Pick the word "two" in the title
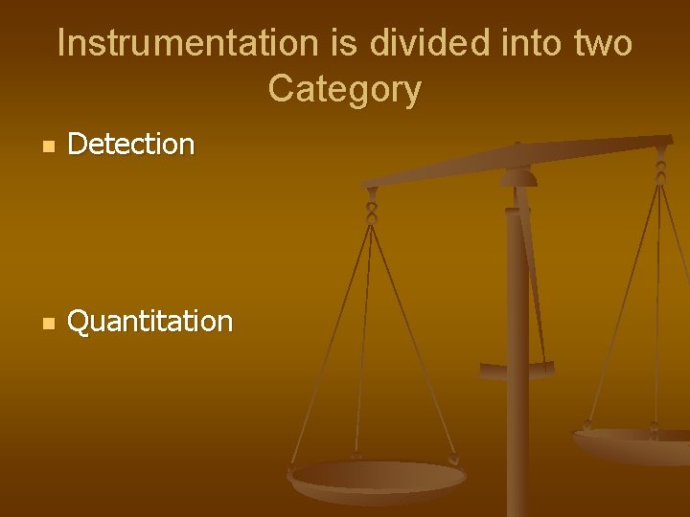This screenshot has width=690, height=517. tap(597, 44)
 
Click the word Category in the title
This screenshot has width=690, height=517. tap(344, 90)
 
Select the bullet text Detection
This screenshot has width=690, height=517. tap(131, 145)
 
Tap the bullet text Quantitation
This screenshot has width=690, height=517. tap(149, 321)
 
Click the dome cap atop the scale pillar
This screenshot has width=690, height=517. tap(518, 176)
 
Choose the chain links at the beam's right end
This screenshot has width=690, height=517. tap(660, 169)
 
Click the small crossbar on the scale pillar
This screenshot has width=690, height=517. tap(517, 370)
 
